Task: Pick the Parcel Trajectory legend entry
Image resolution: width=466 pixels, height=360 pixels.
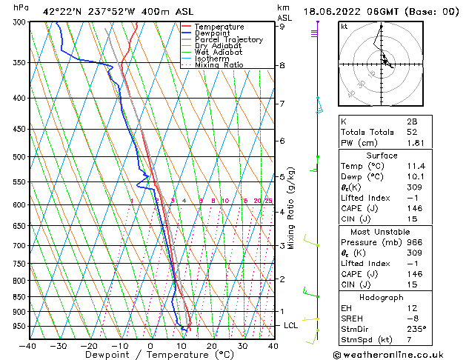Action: coord(228,40)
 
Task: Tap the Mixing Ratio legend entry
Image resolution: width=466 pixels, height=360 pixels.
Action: coord(219,65)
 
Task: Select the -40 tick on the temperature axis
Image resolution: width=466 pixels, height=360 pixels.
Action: coord(28,345)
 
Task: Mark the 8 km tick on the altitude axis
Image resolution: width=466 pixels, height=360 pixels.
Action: coord(282,65)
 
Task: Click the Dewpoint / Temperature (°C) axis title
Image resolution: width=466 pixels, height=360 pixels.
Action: coord(150,355)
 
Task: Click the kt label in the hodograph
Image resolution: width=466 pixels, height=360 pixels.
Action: coord(344,27)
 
